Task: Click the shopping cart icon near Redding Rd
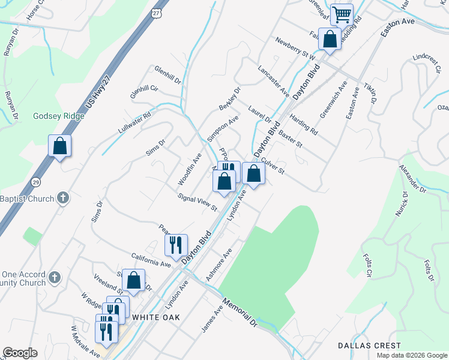[x=342, y=14]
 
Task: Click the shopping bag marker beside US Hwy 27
[x=60, y=146]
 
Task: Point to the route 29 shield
[x=36, y=182]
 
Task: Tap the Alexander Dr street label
[x=414, y=181]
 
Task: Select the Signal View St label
[x=197, y=202]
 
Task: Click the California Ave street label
[x=151, y=259]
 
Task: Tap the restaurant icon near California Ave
[x=176, y=244]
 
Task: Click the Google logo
[x=20, y=353]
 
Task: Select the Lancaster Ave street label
[x=274, y=79]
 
